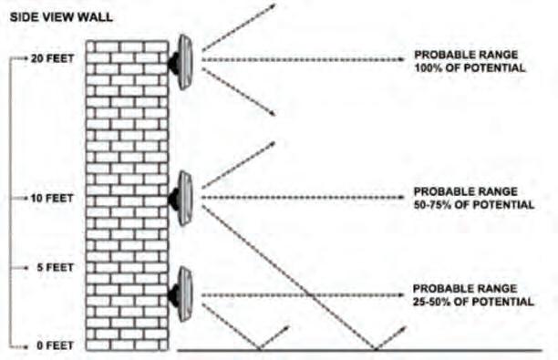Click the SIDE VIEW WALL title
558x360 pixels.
coord(61,17)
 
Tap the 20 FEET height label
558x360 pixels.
coord(52,58)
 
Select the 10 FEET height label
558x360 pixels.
coord(52,198)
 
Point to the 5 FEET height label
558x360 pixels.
coord(55,267)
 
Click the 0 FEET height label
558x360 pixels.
coord(55,345)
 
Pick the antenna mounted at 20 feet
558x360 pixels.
coord(181,62)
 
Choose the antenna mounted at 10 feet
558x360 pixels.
coord(181,198)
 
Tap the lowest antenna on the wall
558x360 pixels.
coord(181,294)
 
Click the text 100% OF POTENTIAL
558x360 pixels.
coord(470,68)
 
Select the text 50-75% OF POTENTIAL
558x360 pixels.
coord(474,205)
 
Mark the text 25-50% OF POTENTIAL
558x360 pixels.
coord(473,302)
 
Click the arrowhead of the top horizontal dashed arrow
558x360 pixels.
coord(401,59)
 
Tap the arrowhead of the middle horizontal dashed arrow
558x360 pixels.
coord(401,198)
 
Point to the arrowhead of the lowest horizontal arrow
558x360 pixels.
coord(401,295)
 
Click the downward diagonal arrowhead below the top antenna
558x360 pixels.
coord(273,113)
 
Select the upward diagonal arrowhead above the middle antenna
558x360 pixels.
coord(273,144)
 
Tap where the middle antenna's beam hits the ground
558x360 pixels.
coord(375,350)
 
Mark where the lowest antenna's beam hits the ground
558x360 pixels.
coord(260,350)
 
